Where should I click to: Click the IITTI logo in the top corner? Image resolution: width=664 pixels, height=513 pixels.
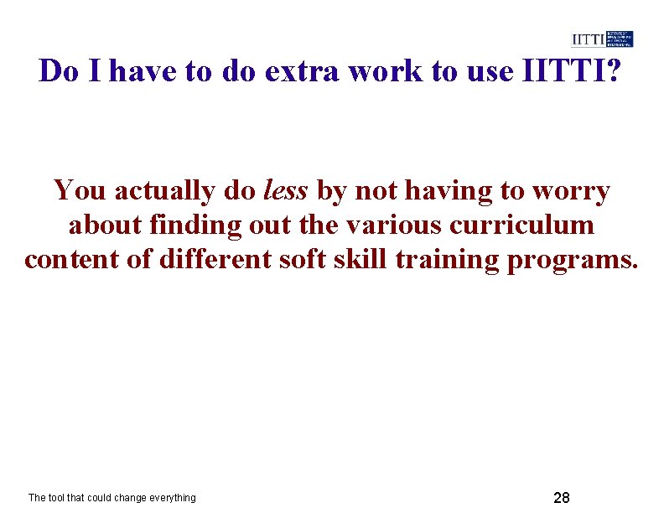602,39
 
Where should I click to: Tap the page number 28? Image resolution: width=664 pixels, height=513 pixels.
562,497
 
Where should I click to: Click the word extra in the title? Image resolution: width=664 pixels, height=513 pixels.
302,71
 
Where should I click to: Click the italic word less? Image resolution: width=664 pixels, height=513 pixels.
285,191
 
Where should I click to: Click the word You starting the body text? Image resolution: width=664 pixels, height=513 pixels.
80,191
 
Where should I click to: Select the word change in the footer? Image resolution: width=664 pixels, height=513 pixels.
125,498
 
